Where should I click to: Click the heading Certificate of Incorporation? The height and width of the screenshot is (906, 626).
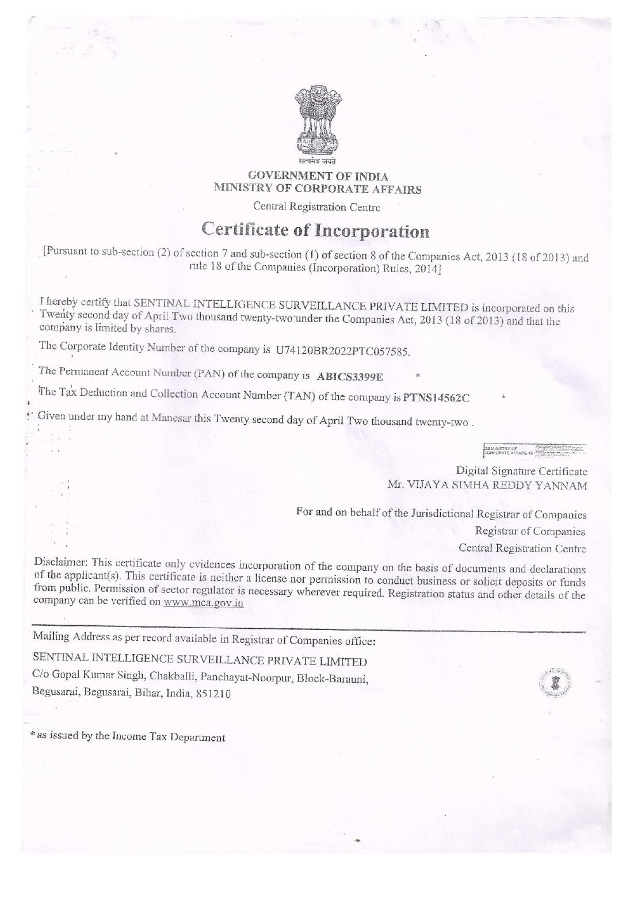316,232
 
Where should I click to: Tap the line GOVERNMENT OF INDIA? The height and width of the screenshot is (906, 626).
318,177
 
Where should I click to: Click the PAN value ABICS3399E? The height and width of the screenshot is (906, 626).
350,376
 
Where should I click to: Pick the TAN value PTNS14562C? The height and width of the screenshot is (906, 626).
437,397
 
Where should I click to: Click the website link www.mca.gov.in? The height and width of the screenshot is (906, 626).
204,603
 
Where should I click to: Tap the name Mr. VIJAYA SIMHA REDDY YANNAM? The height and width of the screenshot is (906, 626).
487,486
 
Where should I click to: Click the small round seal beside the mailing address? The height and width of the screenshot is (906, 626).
555,682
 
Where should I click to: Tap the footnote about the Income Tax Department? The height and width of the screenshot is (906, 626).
127,737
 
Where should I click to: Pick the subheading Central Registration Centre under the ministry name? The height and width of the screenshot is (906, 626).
317,207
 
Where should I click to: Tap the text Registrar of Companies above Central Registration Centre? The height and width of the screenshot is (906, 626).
530,532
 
